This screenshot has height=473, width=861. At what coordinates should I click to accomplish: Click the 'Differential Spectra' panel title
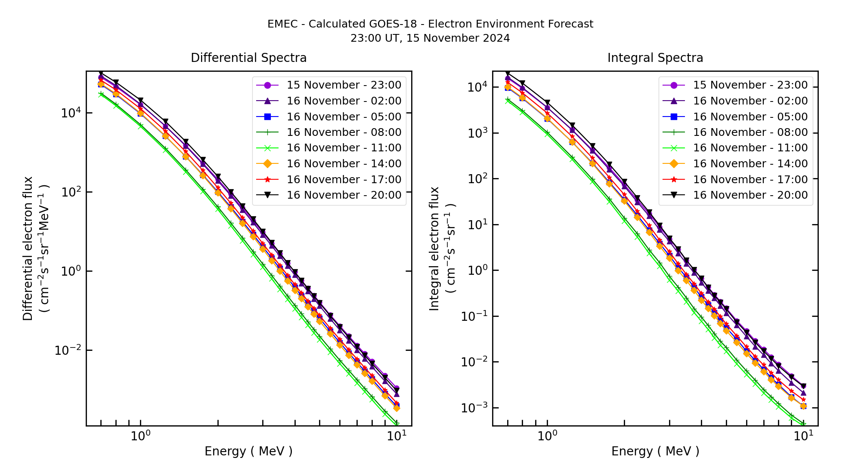[248, 58]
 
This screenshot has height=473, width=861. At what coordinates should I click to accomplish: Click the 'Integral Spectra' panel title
[655, 58]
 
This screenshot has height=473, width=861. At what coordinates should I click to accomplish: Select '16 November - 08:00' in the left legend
[344, 132]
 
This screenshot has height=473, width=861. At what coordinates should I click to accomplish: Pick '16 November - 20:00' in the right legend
[750, 195]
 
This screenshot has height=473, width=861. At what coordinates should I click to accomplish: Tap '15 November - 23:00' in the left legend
[344, 85]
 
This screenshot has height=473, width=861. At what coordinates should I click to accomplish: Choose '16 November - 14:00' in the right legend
[750, 164]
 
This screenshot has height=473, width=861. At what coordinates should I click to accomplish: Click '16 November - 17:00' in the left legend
[344, 180]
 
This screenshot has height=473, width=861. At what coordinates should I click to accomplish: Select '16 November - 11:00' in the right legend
[750, 148]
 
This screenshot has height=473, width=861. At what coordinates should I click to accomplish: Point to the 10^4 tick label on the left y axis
[71, 113]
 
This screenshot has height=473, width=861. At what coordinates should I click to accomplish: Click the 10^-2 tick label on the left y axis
[68, 350]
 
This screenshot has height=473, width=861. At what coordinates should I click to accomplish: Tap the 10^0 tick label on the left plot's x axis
[140, 436]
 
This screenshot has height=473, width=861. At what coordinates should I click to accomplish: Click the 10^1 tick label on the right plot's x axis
[803, 436]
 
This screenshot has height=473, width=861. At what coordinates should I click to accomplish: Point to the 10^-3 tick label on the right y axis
[474, 408]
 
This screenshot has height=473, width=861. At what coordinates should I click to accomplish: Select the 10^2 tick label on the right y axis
[477, 179]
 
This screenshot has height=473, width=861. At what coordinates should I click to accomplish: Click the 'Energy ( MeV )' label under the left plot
[248, 451]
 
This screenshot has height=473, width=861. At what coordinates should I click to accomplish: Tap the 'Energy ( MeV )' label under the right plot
[655, 451]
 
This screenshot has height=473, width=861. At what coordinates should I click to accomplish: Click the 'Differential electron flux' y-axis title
[28, 249]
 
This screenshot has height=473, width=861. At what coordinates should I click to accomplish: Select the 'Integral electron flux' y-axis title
[434, 249]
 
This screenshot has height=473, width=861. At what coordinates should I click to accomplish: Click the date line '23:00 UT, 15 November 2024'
[430, 38]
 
